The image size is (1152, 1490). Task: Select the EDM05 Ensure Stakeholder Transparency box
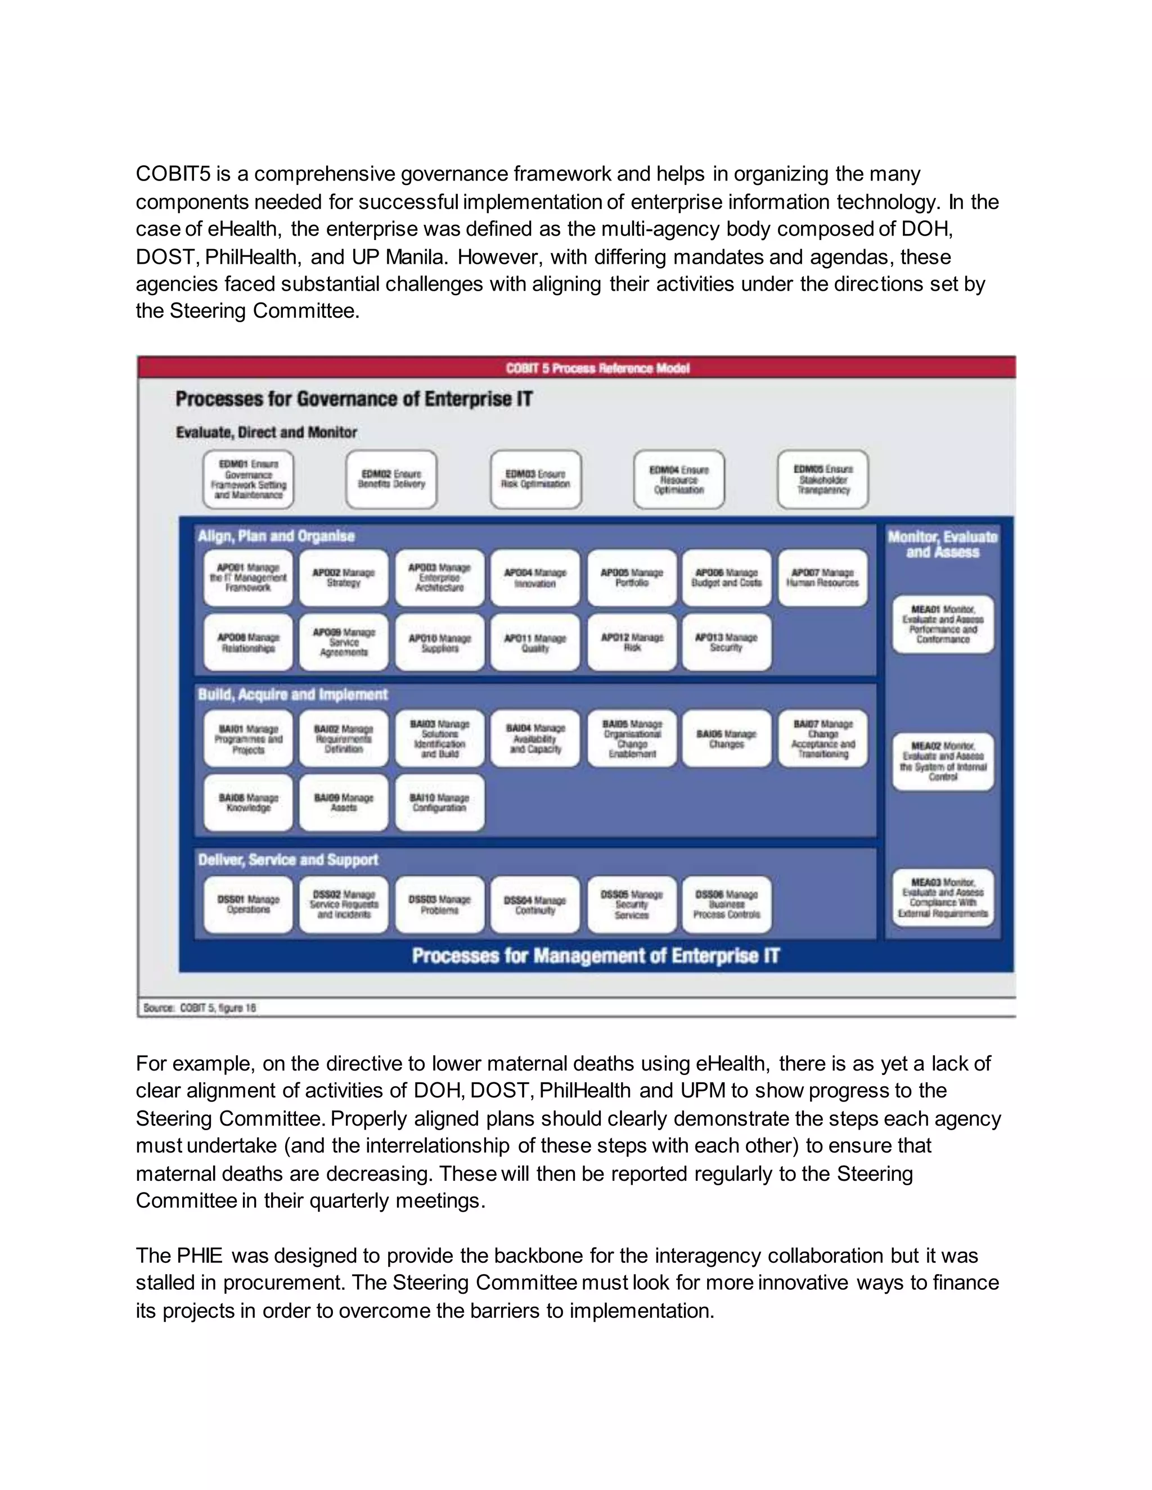click(822, 480)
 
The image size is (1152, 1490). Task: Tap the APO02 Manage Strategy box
click(343, 578)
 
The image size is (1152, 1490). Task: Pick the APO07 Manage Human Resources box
click(822, 578)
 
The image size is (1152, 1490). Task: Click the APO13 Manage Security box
click(726, 642)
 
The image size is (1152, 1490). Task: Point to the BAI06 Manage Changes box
click(726, 739)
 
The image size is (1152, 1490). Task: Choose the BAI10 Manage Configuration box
click(439, 802)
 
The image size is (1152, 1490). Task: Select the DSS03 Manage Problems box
click(439, 905)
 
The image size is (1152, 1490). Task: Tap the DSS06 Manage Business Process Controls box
click(726, 905)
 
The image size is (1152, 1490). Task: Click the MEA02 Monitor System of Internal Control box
click(943, 761)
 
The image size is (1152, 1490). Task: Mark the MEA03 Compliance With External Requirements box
click(943, 898)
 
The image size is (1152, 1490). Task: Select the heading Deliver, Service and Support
click(288, 860)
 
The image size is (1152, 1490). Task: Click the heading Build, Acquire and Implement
click(292, 694)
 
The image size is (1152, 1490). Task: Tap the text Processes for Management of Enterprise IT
click(595, 956)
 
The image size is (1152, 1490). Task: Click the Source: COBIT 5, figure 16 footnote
click(200, 1008)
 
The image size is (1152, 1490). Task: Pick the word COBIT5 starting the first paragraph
click(173, 174)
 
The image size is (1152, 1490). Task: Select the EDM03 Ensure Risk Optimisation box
click(535, 480)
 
